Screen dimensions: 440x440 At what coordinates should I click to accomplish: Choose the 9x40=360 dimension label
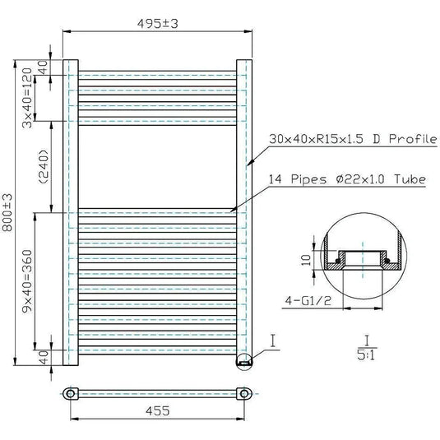tap(28, 288)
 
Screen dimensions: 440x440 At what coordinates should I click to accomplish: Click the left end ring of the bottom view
tap(74, 393)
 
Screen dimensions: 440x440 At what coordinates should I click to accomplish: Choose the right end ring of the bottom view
tap(243, 393)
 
